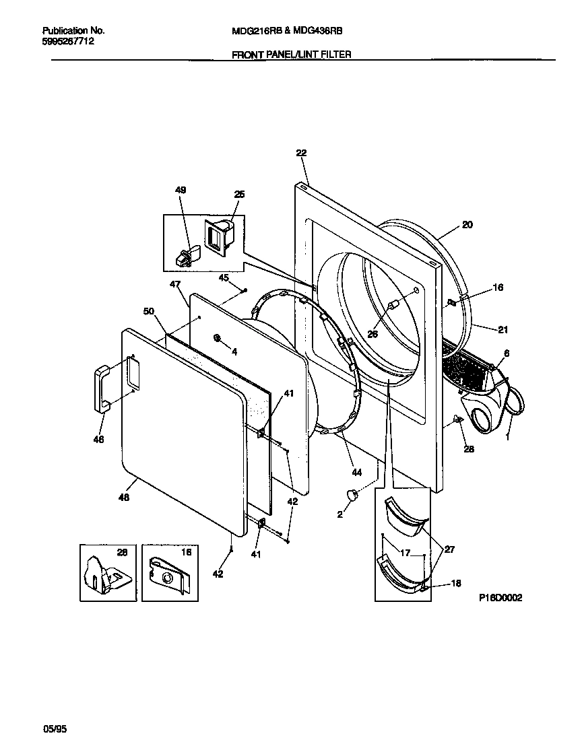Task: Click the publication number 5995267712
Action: click(68, 41)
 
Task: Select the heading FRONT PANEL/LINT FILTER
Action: click(291, 55)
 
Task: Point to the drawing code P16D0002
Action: click(500, 597)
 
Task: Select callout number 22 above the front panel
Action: click(300, 154)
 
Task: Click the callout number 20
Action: click(467, 225)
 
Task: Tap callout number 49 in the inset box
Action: click(180, 191)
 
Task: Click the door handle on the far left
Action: click(102, 387)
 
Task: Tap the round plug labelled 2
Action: click(351, 496)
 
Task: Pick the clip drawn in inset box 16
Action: click(167, 574)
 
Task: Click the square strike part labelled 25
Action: click(220, 238)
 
